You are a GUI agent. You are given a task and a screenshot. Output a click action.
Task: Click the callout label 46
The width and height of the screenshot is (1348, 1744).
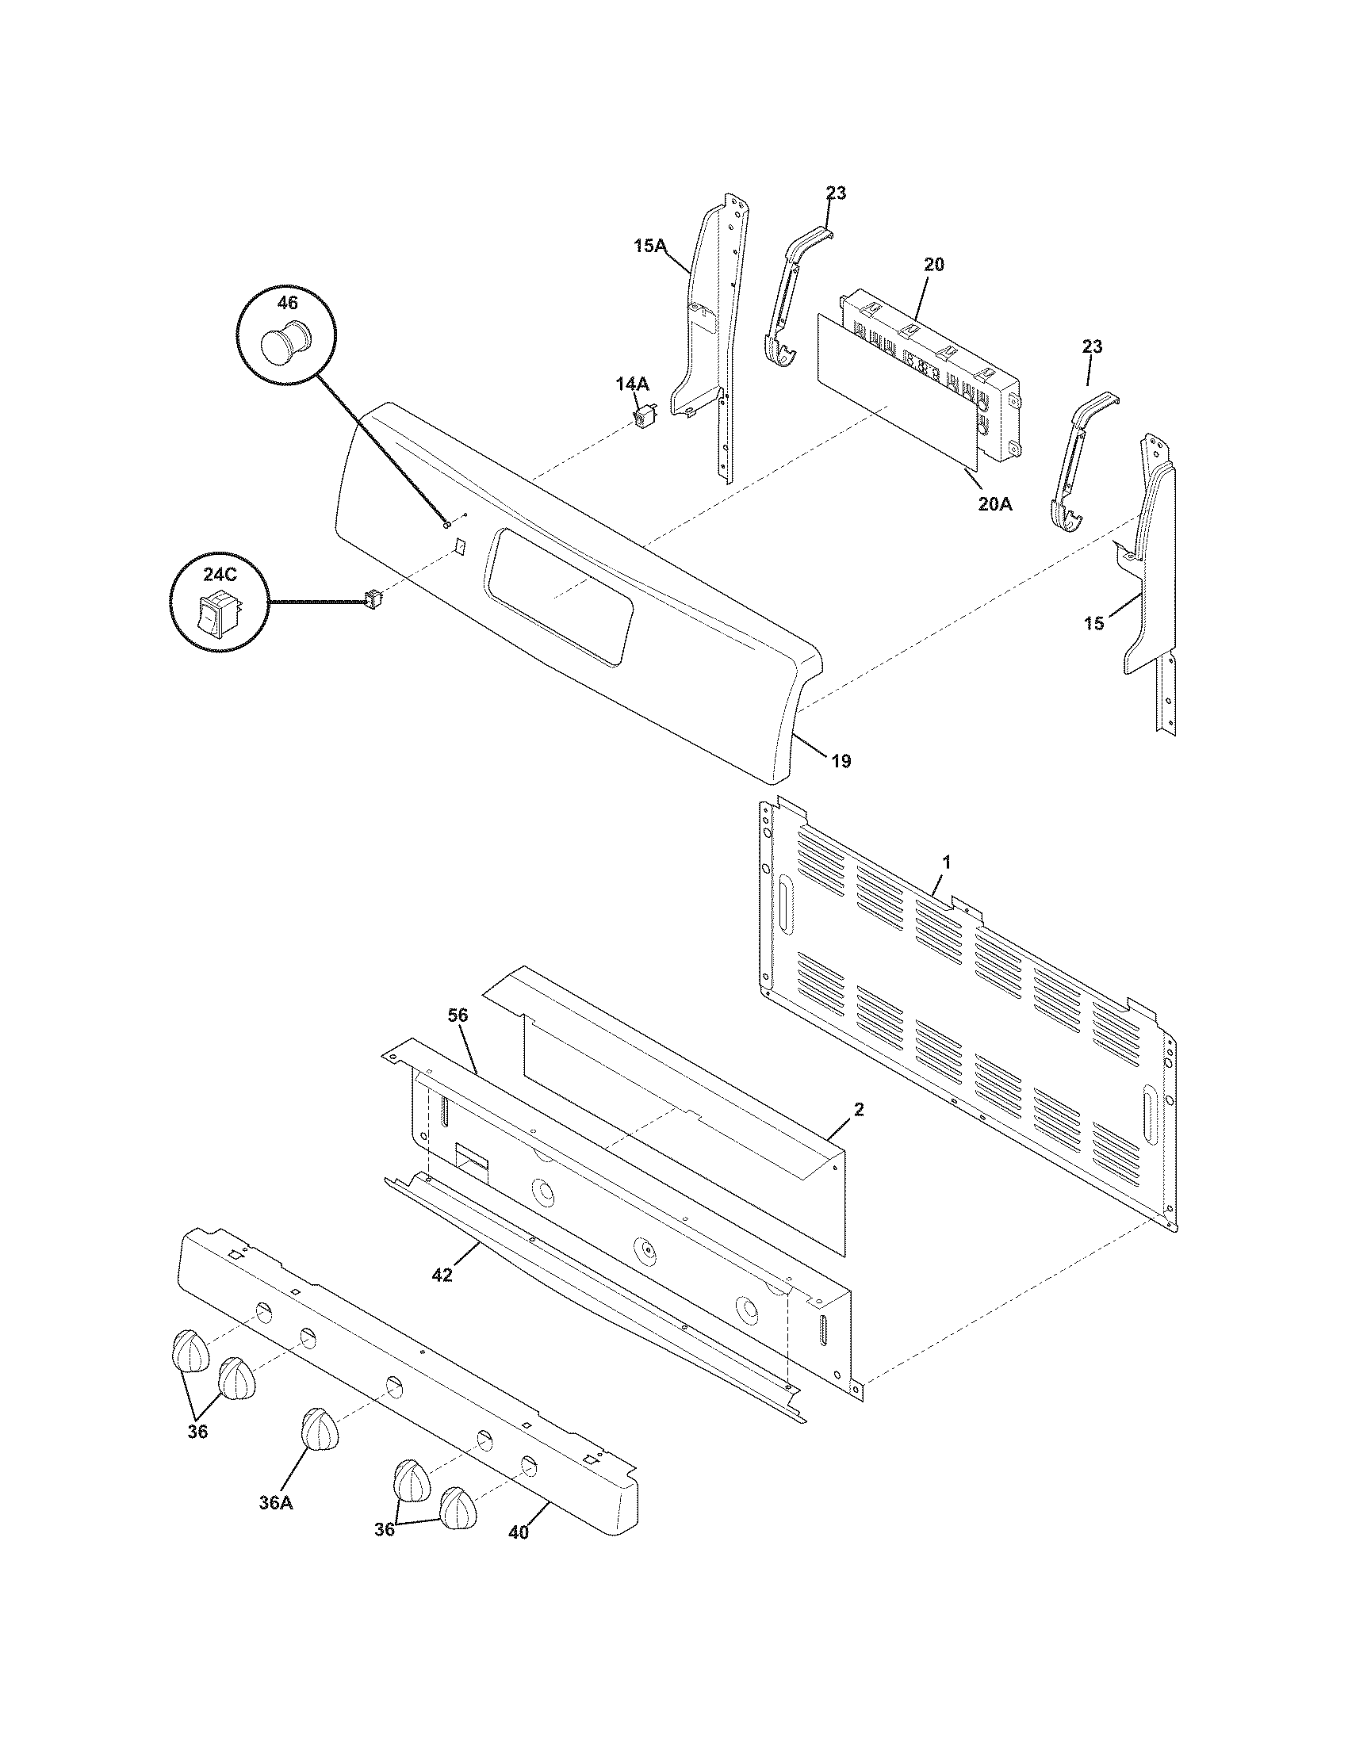click(287, 303)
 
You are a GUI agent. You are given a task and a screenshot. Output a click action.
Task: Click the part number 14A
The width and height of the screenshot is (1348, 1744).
click(632, 384)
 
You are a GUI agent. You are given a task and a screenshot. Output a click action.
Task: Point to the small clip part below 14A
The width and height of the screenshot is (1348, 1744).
click(645, 416)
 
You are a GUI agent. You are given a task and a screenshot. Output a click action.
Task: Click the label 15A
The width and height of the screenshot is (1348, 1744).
click(649, 246)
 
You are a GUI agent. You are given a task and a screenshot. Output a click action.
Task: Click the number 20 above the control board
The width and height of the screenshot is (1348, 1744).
click(933, 264)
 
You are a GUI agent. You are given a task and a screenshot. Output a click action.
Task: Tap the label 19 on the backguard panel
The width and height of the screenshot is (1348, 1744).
click(841, 761)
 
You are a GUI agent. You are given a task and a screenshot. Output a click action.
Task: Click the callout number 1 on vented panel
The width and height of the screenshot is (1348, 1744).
click(946, 862)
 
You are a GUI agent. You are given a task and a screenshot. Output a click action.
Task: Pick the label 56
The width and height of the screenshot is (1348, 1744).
click(458, 1015)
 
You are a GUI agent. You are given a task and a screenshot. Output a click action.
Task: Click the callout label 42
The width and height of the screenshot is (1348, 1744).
click(442, 1275)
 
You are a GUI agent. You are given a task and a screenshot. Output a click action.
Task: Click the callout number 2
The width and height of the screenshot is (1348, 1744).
click(858, 1109)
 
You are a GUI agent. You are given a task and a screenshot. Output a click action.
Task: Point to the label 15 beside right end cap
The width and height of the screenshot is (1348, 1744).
click(1093, 624)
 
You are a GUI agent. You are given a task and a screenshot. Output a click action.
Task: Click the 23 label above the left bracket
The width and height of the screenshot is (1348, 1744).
click(836, 193)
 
